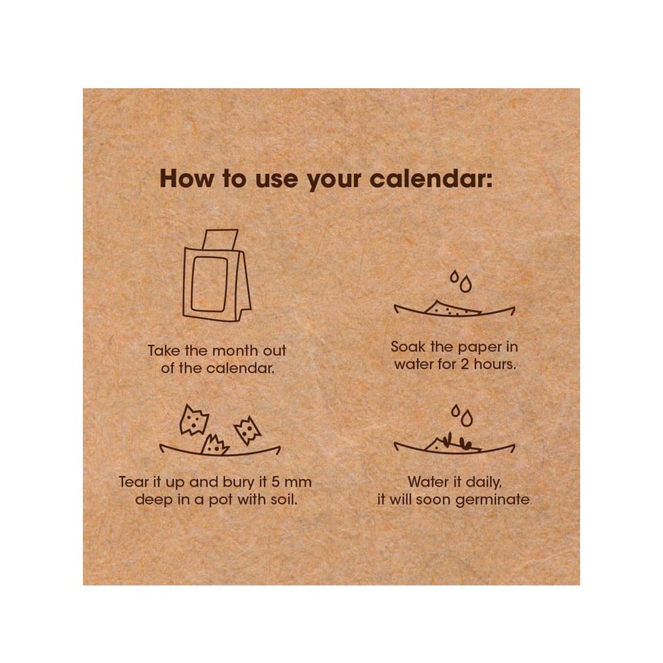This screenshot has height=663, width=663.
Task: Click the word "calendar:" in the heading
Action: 431,179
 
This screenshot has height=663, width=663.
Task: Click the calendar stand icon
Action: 217,275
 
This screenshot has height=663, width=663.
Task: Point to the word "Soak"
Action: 408,347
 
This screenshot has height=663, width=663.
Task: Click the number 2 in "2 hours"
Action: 464,364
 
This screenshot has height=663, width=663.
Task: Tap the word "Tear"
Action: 134,482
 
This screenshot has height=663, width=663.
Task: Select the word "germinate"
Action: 493,500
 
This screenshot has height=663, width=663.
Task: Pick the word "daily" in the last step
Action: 484,483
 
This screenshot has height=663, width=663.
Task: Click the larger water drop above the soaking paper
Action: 465,284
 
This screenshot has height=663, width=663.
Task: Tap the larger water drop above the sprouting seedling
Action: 467,418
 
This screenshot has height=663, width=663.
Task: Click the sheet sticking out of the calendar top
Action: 220,239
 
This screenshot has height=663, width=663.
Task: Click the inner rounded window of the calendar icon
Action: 210,284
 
